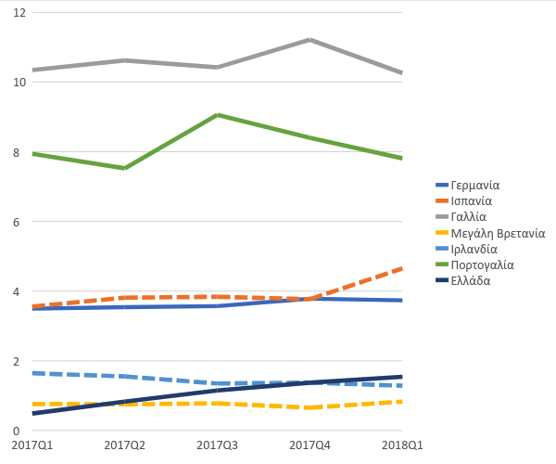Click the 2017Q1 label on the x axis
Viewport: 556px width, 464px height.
click(x=32, y=445)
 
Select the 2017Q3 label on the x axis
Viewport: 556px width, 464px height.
click(x=217, y=445)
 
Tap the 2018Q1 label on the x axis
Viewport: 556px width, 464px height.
click(x=402, y=445)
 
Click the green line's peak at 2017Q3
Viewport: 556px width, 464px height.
click(x=217, y=115)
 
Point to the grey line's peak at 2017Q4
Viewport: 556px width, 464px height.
click(x=310, y=40)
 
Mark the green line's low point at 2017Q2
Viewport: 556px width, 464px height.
click(x=124, y=168)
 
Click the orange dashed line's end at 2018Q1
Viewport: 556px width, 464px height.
click(x=402, y=268)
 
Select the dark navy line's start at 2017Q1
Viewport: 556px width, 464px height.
click(x=32, y=414)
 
